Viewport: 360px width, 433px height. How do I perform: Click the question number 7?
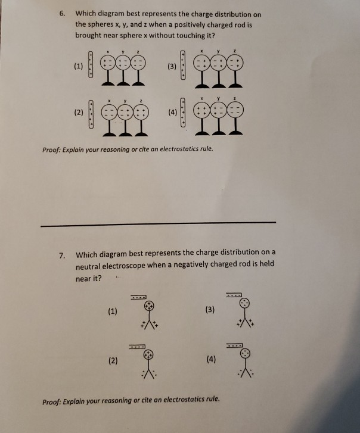pyautogui.click(x=62, y=256)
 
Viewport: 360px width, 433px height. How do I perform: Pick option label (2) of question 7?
pyautogui.click(x=113, y=360)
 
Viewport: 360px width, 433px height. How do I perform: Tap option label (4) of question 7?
pyautogui.click(x=210, y=360)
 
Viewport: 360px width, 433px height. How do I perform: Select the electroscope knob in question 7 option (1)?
pyautogui.click(x=151, y=305)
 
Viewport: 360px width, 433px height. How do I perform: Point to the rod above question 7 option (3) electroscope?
pyautogui.click(x=234, y=295)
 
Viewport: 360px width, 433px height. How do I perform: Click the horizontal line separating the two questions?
pyautogui.click(x=158, y=223)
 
